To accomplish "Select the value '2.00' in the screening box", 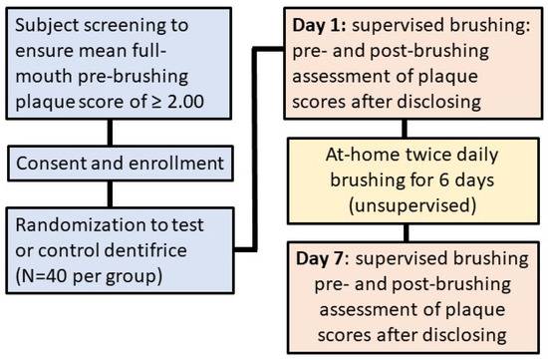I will (x=204, y=101).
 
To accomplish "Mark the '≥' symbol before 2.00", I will (x=168, y=101).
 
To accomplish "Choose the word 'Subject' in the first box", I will (x=47, y=23).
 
